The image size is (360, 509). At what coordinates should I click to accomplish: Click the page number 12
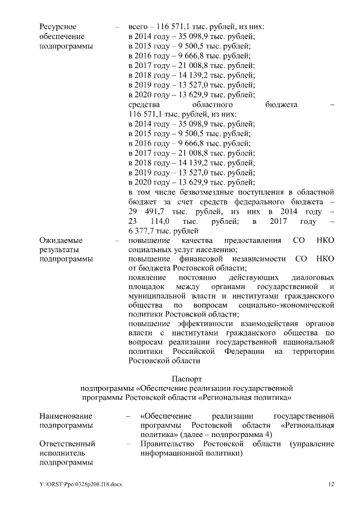[331, 484]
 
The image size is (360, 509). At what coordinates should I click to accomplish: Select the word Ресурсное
[58, 26]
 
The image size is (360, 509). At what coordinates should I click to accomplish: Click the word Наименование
[64, 416]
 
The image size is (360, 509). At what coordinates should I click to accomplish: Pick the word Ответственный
[67, 444]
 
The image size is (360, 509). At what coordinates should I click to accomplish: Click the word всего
[138, 26]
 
